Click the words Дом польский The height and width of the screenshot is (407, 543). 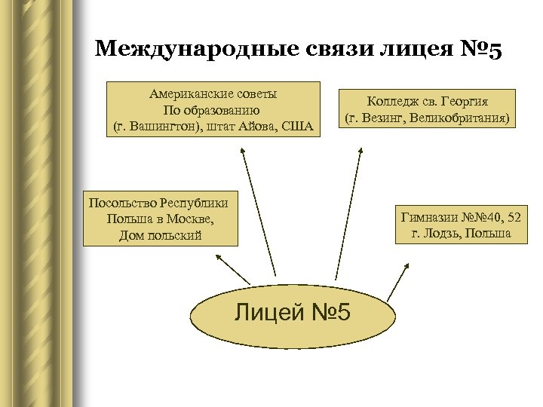[x=161, y=236]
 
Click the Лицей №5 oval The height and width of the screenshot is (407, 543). [x=293, y=311]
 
